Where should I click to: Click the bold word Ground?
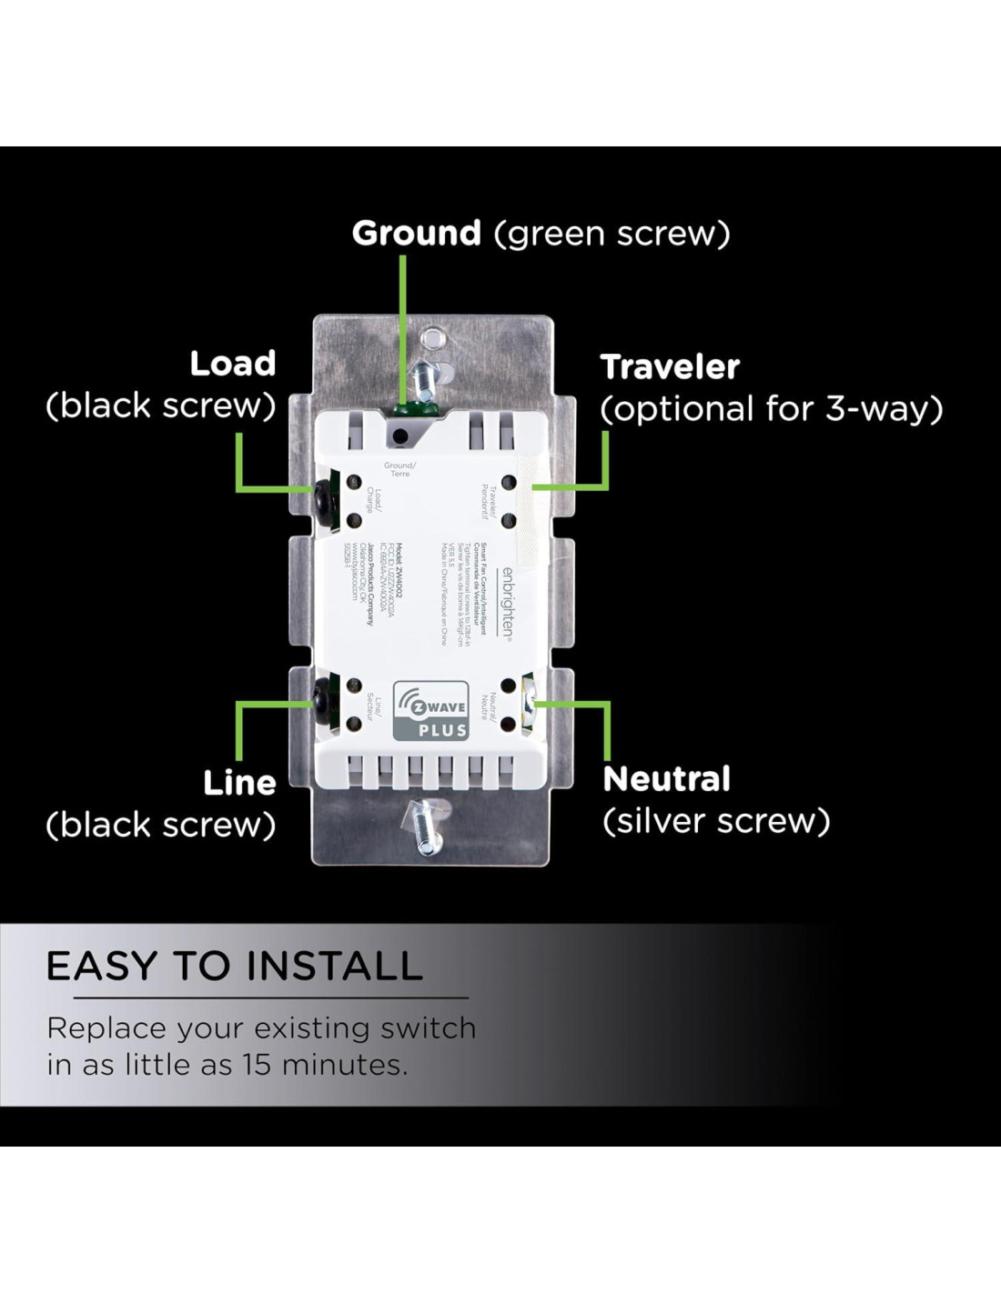(x=416, y=234)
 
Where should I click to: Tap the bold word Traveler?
(x=670, y=367)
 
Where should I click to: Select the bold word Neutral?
(x=666, y=779)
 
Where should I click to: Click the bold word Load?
(x=233, y=364)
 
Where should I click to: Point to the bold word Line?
(x=239, y=783)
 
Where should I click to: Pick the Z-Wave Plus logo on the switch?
(x=430, y=710)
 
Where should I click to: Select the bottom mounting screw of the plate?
(x=423, y=826)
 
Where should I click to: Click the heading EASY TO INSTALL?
(x=235, y=966)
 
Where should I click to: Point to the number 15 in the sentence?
(x=257, y=1065)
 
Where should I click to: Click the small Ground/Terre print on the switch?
(x=399, y=469)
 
